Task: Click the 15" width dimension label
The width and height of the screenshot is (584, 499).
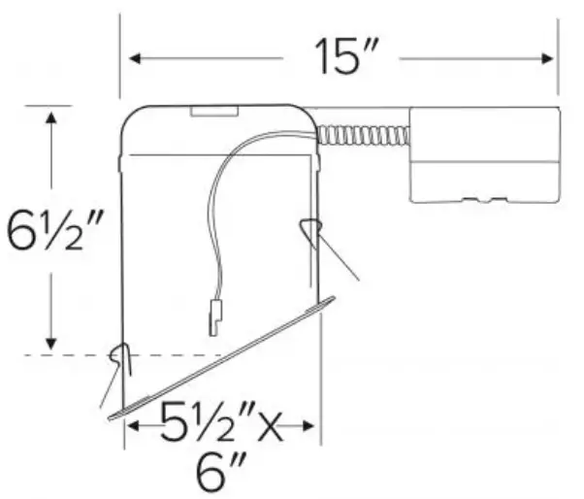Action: (x=341, y=57)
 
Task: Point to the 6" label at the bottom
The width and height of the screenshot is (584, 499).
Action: (x=221, y=476)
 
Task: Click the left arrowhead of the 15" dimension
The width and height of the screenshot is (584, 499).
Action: (x=136, y=58)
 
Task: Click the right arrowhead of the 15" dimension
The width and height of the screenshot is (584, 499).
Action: (x=548, y=58)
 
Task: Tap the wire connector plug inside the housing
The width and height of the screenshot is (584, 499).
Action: (x=215, y=316)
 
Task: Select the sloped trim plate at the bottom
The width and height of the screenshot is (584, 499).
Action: (x=223, y=358)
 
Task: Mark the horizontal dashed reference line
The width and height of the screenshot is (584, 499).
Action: (x=68, y=355)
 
